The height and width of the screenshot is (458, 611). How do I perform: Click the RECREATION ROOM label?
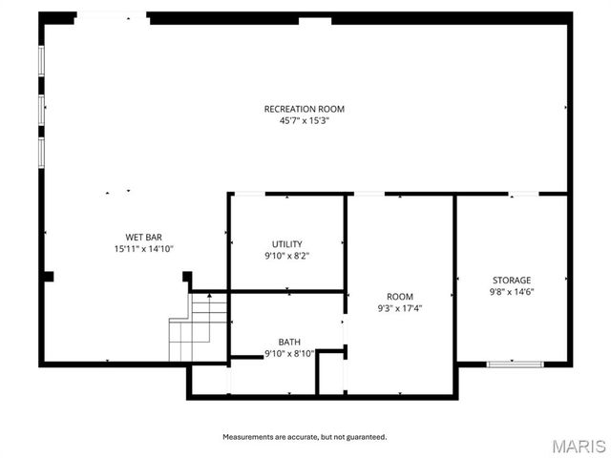tap(304, 109)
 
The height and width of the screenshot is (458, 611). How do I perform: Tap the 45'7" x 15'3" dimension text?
tap(304, 120)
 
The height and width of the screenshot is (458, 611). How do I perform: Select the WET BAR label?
tap(143, 237)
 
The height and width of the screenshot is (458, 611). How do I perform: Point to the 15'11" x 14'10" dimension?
tap(143, 248)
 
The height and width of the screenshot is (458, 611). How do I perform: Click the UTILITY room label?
tap(286, 243)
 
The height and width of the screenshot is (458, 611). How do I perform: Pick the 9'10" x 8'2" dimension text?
tap(286, 255)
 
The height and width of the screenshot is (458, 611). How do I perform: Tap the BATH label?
tap(288, 342)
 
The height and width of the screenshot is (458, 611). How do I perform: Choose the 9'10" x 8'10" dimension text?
tap(288, 353)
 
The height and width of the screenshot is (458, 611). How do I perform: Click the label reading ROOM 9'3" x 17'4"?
tap(400, 297)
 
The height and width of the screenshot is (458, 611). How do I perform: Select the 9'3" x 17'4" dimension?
tap(400, 308)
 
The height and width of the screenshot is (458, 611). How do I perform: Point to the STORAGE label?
tap(511, 280)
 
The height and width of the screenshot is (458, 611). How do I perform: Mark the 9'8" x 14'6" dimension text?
tap(511, 291)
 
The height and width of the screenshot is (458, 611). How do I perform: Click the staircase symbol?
tap(199, 327)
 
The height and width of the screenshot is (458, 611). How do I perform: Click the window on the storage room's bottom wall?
tap(515, 364)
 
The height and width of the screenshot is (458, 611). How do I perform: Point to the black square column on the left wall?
tap(48, 277)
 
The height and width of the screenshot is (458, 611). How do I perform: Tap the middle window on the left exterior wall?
tap(41, 107)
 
